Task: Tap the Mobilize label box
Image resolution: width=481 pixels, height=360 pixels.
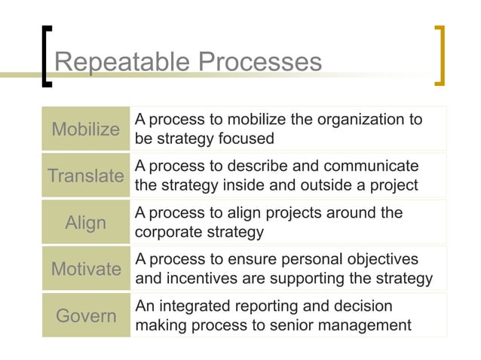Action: click(85, 129)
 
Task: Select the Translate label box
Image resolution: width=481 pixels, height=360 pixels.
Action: click(85, 176)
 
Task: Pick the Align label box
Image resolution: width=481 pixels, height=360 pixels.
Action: click(85, 222)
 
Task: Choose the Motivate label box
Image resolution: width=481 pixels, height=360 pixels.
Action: click(85, 269)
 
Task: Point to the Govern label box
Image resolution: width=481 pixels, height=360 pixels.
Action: click(85, 315)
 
